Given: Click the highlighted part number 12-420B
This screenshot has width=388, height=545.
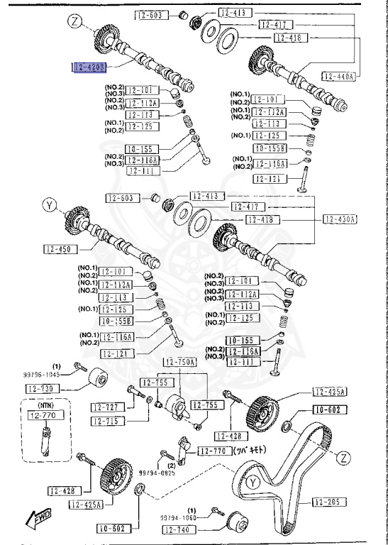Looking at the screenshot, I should tap(89, 67).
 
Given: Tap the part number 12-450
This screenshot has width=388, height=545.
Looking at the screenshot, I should tap(60, 248).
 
